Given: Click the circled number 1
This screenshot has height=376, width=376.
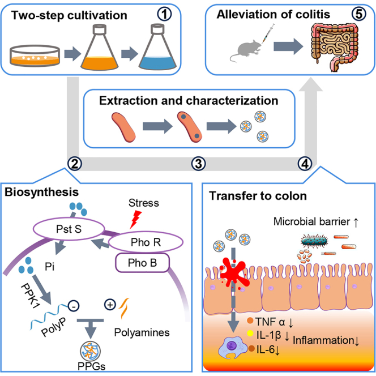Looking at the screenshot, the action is [164, 14].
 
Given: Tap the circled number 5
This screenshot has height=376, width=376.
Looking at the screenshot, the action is [359, 14].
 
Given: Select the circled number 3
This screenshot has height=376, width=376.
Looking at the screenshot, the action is [199, 164].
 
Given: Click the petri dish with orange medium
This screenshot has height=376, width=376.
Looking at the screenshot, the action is [35, 56].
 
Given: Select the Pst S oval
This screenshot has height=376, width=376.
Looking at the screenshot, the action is [69, 229].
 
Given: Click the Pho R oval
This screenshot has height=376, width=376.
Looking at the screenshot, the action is [146, 242].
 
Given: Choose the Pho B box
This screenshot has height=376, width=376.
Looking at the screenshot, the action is [143, 263].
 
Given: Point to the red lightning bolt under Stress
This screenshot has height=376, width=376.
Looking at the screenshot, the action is [135, 219].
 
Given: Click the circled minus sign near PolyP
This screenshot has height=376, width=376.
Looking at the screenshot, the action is [74, 306].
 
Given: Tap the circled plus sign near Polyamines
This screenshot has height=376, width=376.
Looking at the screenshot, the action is [110, 305].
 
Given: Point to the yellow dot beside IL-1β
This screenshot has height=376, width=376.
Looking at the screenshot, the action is [250, 334].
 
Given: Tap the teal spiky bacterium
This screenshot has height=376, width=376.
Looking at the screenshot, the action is [314, 241].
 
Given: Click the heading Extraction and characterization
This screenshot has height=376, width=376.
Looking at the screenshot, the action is [189, 101].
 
